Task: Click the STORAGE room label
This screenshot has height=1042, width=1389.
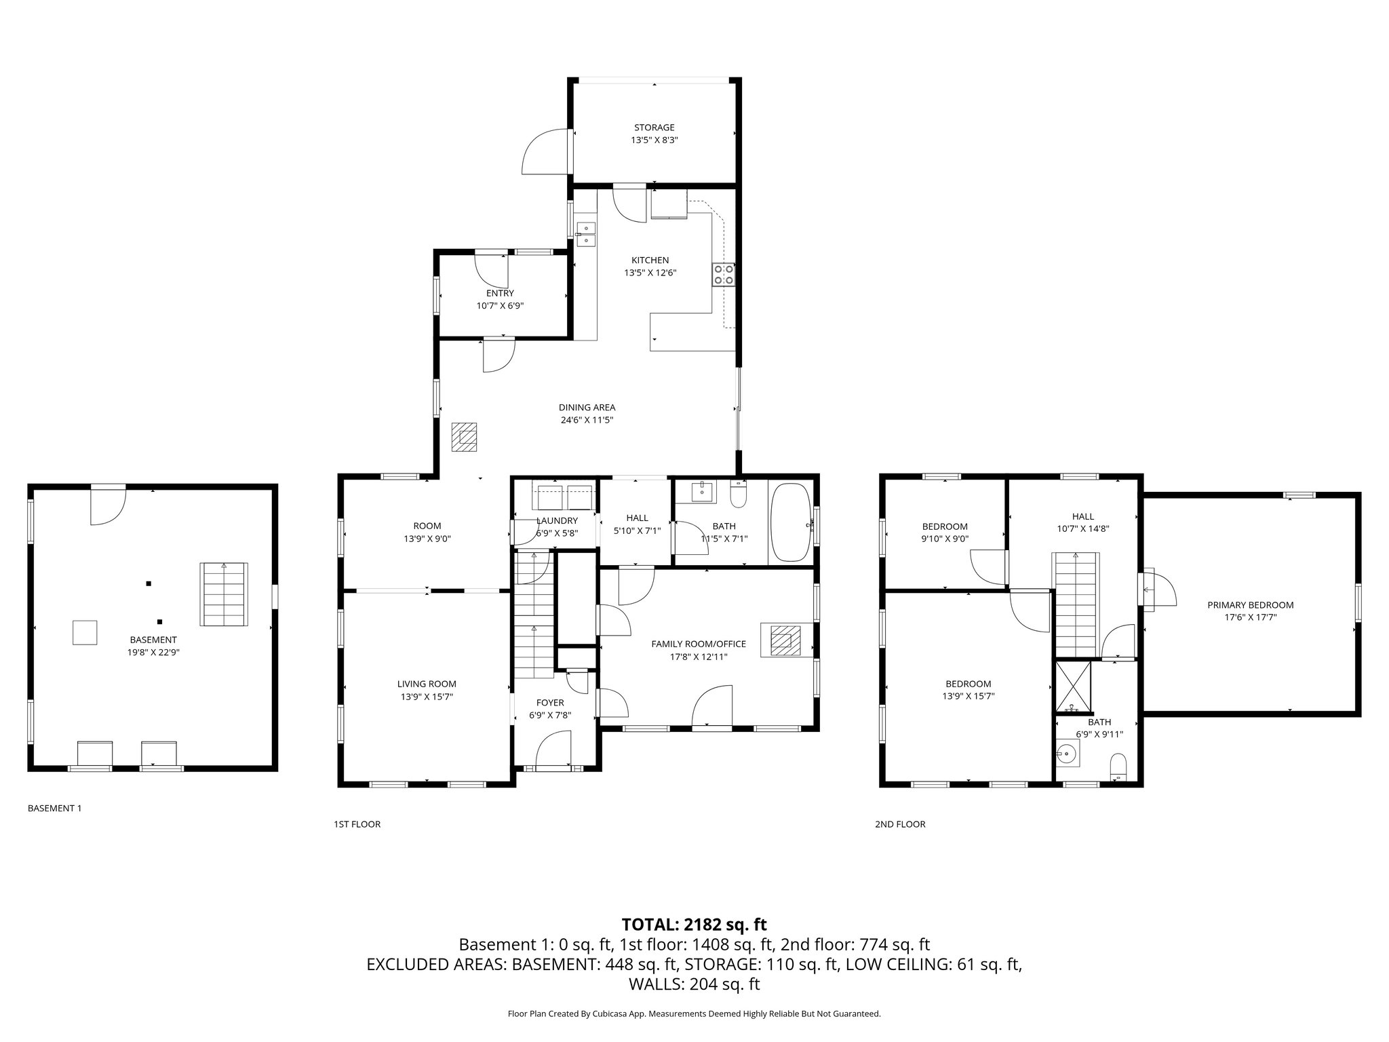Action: click(x=654, y=128)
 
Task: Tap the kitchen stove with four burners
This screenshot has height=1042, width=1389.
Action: click(x=723, y=274)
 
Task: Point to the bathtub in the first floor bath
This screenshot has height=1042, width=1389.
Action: click(x=791, y=522)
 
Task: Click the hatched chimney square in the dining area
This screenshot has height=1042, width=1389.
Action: click(x=465, y=438)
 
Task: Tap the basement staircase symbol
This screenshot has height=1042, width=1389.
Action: click(x=223, y=594)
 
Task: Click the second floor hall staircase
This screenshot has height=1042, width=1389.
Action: click(x=1074, y=604)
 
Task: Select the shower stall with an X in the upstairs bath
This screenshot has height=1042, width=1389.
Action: click(x=1073, y=687)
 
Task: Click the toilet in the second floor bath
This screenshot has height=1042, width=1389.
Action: click(x=1117, y=768)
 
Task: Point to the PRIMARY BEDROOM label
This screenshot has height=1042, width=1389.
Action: click(x=1250, y=605)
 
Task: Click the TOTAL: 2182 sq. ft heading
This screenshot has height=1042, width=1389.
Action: click(x=694, y=924)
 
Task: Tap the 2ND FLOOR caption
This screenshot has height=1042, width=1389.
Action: click(x=899, y=824)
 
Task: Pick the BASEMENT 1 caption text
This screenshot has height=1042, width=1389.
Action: click(x=54, y=808)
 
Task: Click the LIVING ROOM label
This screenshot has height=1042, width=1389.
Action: click(x=427, y=684)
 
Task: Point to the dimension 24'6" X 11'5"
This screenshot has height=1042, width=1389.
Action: click(x=587, y=420)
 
